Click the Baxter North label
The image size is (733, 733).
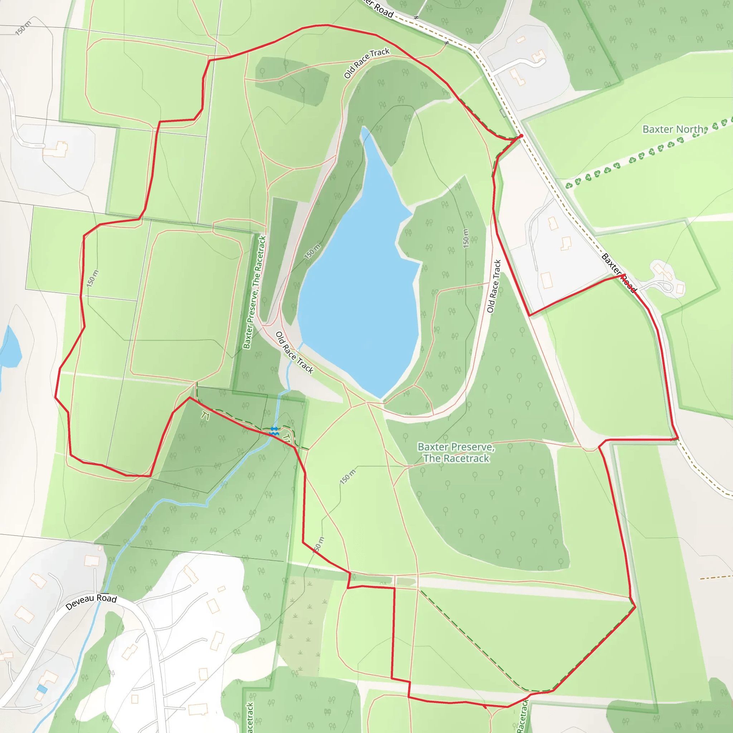pos(673,129)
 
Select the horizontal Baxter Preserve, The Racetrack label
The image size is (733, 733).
pos(456,453)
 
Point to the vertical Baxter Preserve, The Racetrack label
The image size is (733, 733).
pos(254,292)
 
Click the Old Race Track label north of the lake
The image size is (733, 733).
pos(366,63)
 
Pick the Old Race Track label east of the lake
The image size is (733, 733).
pos(494,286)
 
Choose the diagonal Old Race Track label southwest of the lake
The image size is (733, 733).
pos(295,353)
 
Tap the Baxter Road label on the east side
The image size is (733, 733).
pos(618,273)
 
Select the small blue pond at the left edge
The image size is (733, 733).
pos(10,347)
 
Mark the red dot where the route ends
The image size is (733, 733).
pos(521,136)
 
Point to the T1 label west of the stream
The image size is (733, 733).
pos(205,416)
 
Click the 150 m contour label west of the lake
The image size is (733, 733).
pos(312,251)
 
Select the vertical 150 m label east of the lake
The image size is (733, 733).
pos(466,238)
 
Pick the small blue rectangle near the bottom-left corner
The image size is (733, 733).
pos(42,689)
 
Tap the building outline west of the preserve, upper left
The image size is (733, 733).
pos(55,149)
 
